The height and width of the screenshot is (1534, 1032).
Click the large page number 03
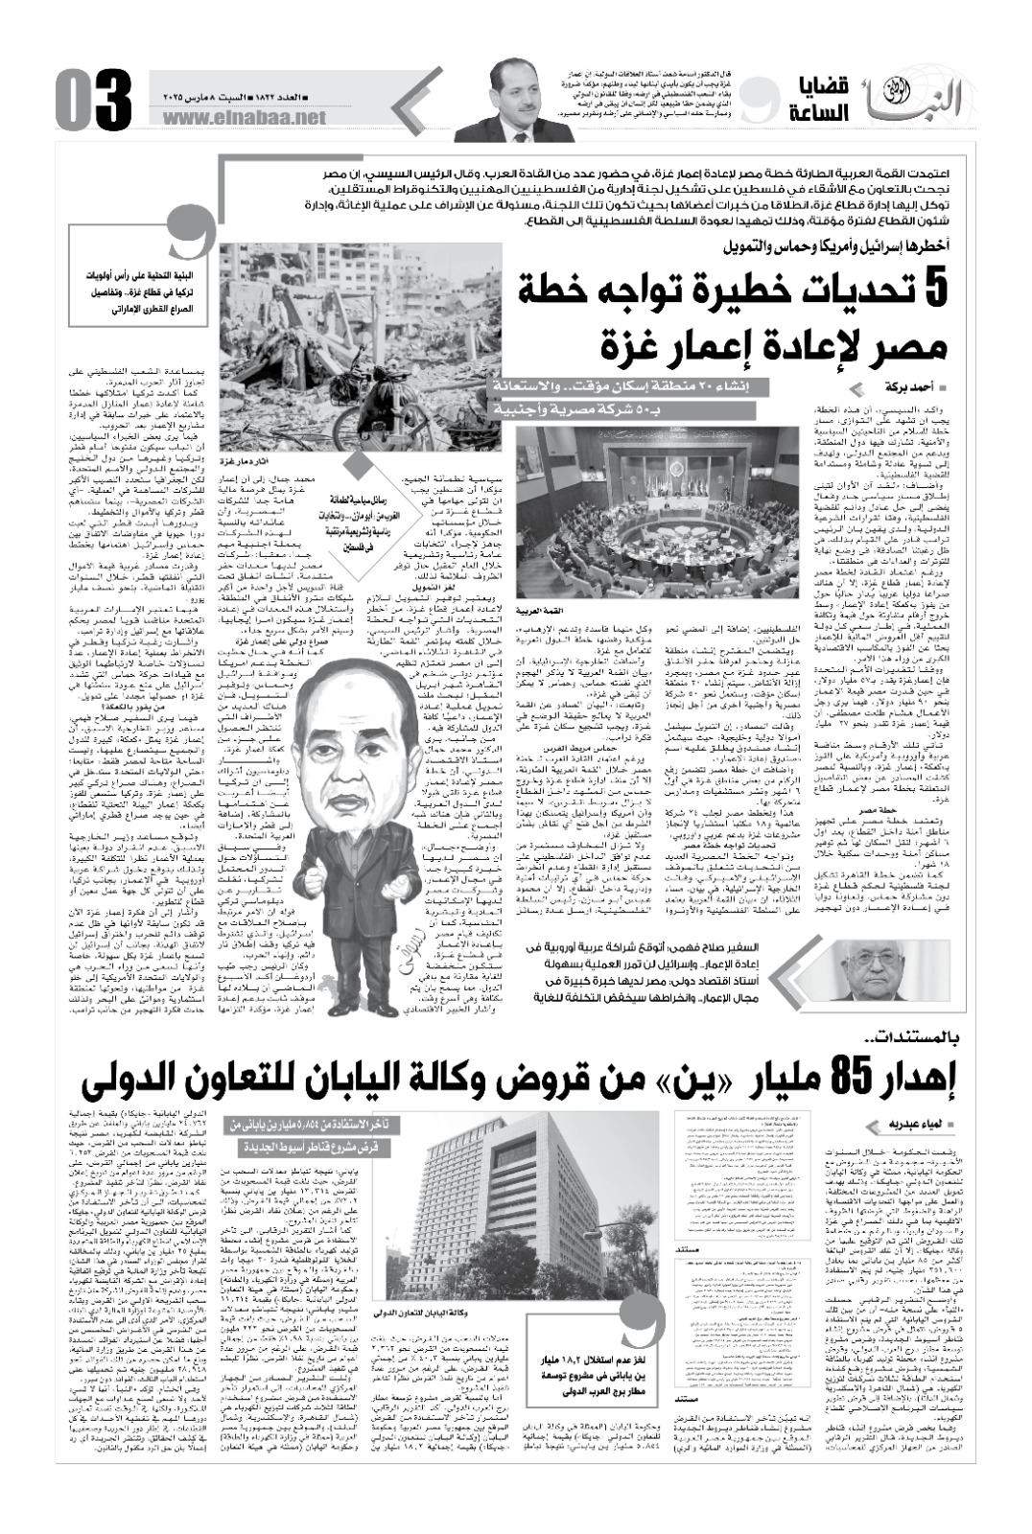point(94,100)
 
